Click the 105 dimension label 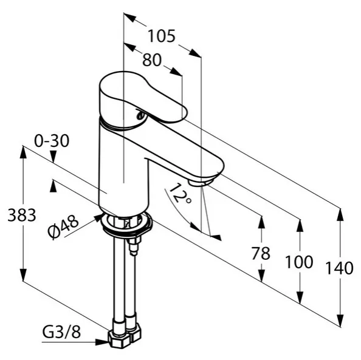pyautogui.click(x=162, y=36)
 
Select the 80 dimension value pyautogui.click(x=152, y=60)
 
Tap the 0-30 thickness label pyautogui.click(x=52, y=141)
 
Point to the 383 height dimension pyautogui.click(x=22, y=215)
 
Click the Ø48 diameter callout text pyautogui.click(x=63, y=227)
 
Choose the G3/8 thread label pyautogui.click(x=61, y=333)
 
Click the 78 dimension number pyautogui.click(x=261, y=254)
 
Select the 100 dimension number pyautogui.click(x=299, y=262)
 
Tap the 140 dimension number pyautogui.click(x=339, y=268)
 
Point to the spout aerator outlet pyautogui.click(x=200, y=182)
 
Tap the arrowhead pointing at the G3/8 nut pyautogui.click(x=101, y=342)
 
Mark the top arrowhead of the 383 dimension pyautogui.click(x=22, y=152)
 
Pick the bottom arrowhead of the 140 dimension pyautogui.click(x=340, y=321)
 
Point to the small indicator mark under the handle pyautogui.click(x=140, y=115)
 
